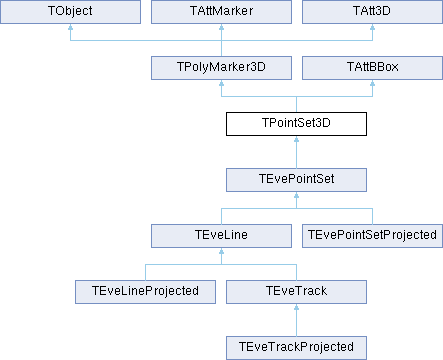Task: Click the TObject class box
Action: (x=70, y=12)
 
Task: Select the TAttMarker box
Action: (x=221, y=12)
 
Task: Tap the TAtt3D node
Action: (x=372, y=12)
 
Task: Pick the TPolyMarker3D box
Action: (x=221, y=68)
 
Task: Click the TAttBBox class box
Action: (x=372, y=68)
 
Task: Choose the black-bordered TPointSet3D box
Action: (x=296, y=124)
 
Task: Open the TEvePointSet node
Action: (x=296, y=180)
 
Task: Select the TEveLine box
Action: (x=221, y=236)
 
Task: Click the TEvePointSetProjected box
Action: (x=372, y=236)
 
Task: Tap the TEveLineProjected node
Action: (x=145, y=292)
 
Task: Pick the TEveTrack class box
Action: (x=296, y=292)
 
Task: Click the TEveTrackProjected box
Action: (x=296, y=348)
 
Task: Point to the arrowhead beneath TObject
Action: (x=70, y=27)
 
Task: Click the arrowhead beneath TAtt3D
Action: (x=372, y=27)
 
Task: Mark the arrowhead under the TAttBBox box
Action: (x=372, y=83)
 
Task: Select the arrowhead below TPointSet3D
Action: (x=296, y=139)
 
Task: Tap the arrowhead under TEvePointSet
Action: (x=296, y=195)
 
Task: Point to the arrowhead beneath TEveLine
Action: (x=221, y=251)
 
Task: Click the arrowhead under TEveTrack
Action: (x=296, y=307)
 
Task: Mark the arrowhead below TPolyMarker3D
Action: (x=221, y=83)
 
